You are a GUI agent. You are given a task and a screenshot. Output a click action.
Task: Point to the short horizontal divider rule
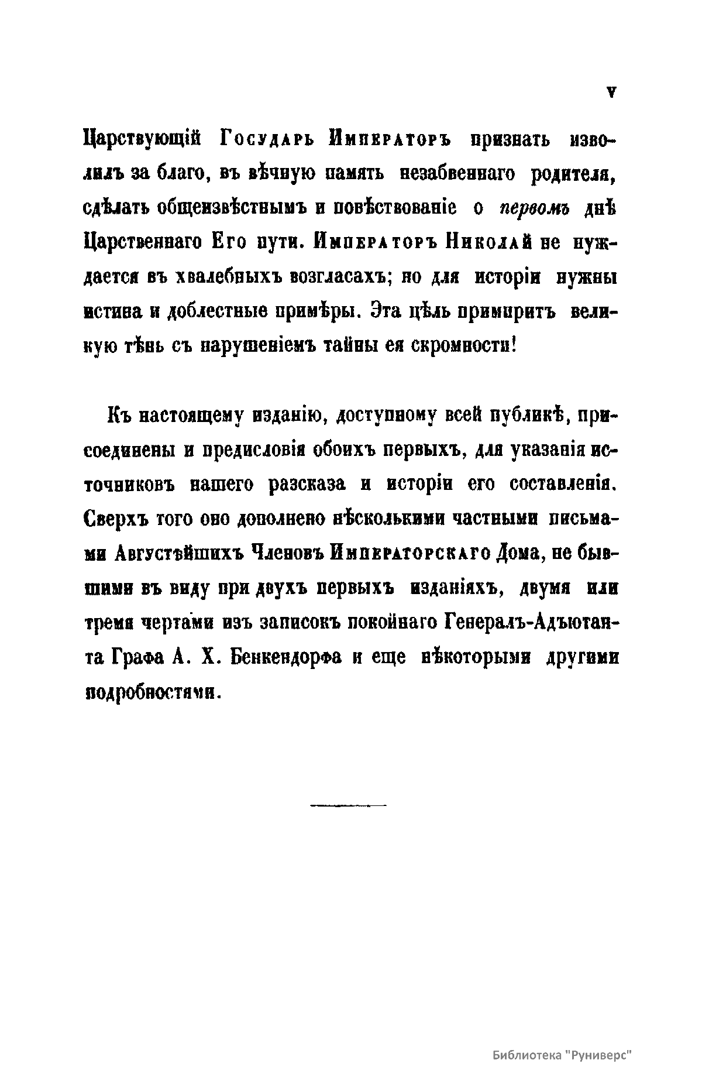click(x=348, y=806)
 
